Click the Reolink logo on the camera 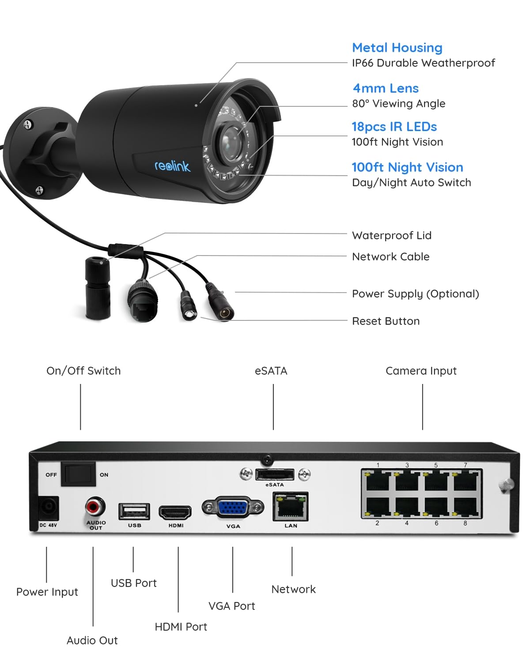click(x=172, y=166)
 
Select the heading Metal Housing click(x=397, y=48)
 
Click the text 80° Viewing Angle click(x=398, y=104)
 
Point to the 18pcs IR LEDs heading click(x=394, y=127)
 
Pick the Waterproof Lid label click(x=391, y=236)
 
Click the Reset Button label click(x=386, y=321)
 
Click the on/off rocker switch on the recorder click(x=78, y=474)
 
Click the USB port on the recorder click(x=134, y=512)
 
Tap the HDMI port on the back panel click(x=175, y=513)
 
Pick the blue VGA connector click(x=233, y=508)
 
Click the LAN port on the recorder click(x=291, y=507)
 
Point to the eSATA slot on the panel click(x=274, y=474)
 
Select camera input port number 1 click(x=377, y=481)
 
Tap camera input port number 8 click(x=466, y=507)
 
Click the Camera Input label click(x=421, y=371)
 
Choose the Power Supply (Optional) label click(x=415, y=294)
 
